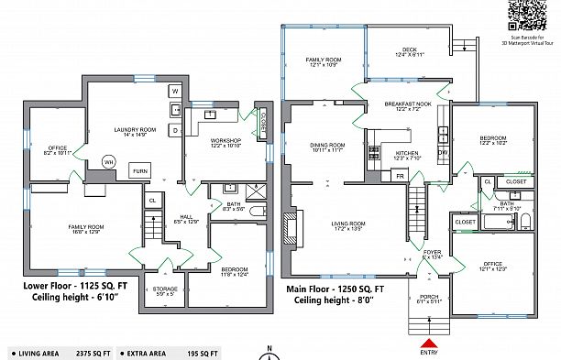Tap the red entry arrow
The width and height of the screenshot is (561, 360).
pos(428,343)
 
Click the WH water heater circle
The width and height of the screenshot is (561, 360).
pos(108,161)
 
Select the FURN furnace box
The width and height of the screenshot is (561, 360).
pos(139,171)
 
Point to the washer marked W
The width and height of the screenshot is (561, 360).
pos(174,92)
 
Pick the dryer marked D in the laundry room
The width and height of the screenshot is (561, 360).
pos(174,130)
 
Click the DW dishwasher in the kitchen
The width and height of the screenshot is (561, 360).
pos(442,152)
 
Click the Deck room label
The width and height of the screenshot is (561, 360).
pos(407,51)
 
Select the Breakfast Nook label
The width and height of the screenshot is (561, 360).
pos(412,106)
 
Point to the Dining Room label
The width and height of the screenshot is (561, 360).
pos(326,147)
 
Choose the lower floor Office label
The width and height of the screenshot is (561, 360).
pos(58,149)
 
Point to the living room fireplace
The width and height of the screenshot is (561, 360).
pos(292,227)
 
